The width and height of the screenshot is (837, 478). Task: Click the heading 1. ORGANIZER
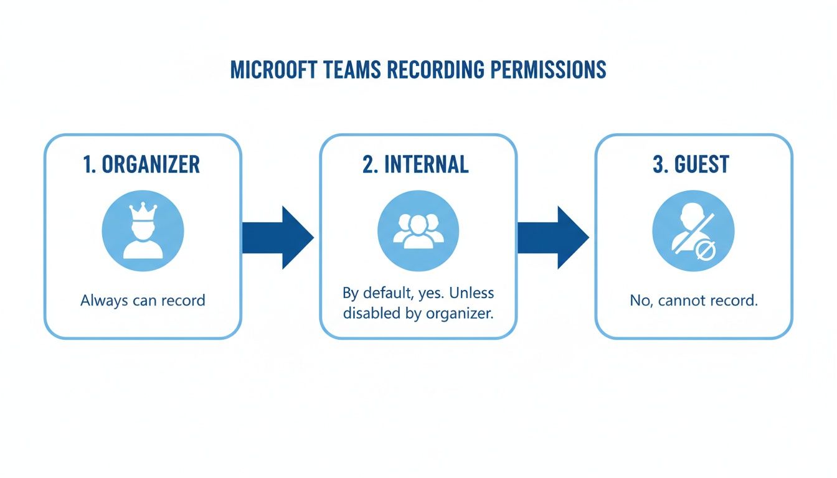tap(143, 164)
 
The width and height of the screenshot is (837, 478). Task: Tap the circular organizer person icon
tap(143, 231)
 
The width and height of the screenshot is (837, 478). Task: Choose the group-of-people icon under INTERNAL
tap(418, 231)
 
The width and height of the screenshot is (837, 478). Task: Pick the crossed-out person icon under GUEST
tap(693, 231)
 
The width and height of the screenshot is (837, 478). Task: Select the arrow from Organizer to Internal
tap(278, 238)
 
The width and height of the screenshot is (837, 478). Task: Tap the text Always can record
tap(143, 301)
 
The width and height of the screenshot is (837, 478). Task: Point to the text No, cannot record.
tap(693, 301)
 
